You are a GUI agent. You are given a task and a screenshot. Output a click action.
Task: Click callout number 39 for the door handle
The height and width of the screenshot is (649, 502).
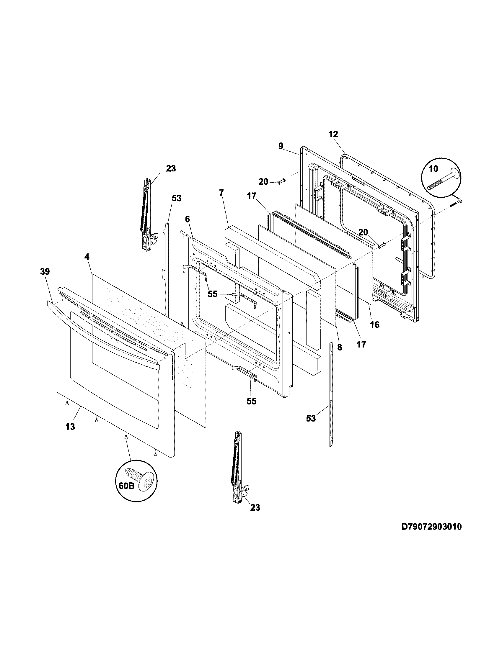(45, 271)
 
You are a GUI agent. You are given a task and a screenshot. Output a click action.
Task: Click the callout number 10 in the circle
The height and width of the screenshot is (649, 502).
(433, 169)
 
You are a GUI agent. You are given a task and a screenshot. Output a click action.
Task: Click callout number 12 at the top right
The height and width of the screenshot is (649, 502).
(333, 134)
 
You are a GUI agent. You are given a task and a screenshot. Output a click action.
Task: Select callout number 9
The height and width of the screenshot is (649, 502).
(281, 146)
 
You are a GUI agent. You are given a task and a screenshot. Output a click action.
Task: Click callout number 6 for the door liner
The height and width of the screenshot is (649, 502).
(187, 219)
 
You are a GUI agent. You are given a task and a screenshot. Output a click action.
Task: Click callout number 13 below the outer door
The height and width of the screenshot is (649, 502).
(70, 427)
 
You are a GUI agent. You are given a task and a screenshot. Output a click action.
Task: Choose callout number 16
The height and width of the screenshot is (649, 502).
(375, 324)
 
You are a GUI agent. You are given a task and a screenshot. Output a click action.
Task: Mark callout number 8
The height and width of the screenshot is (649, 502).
(340, 347)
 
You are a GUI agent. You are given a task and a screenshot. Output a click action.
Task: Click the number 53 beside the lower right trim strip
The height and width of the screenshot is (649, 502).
(311, 418)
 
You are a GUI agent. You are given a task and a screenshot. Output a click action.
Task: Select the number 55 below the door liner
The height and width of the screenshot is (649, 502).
(251, 401)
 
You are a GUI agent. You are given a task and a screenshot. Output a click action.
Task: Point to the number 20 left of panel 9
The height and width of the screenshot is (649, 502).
(263, 181)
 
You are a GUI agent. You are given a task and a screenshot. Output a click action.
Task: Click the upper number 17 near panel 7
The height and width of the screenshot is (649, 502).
(252, 196)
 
